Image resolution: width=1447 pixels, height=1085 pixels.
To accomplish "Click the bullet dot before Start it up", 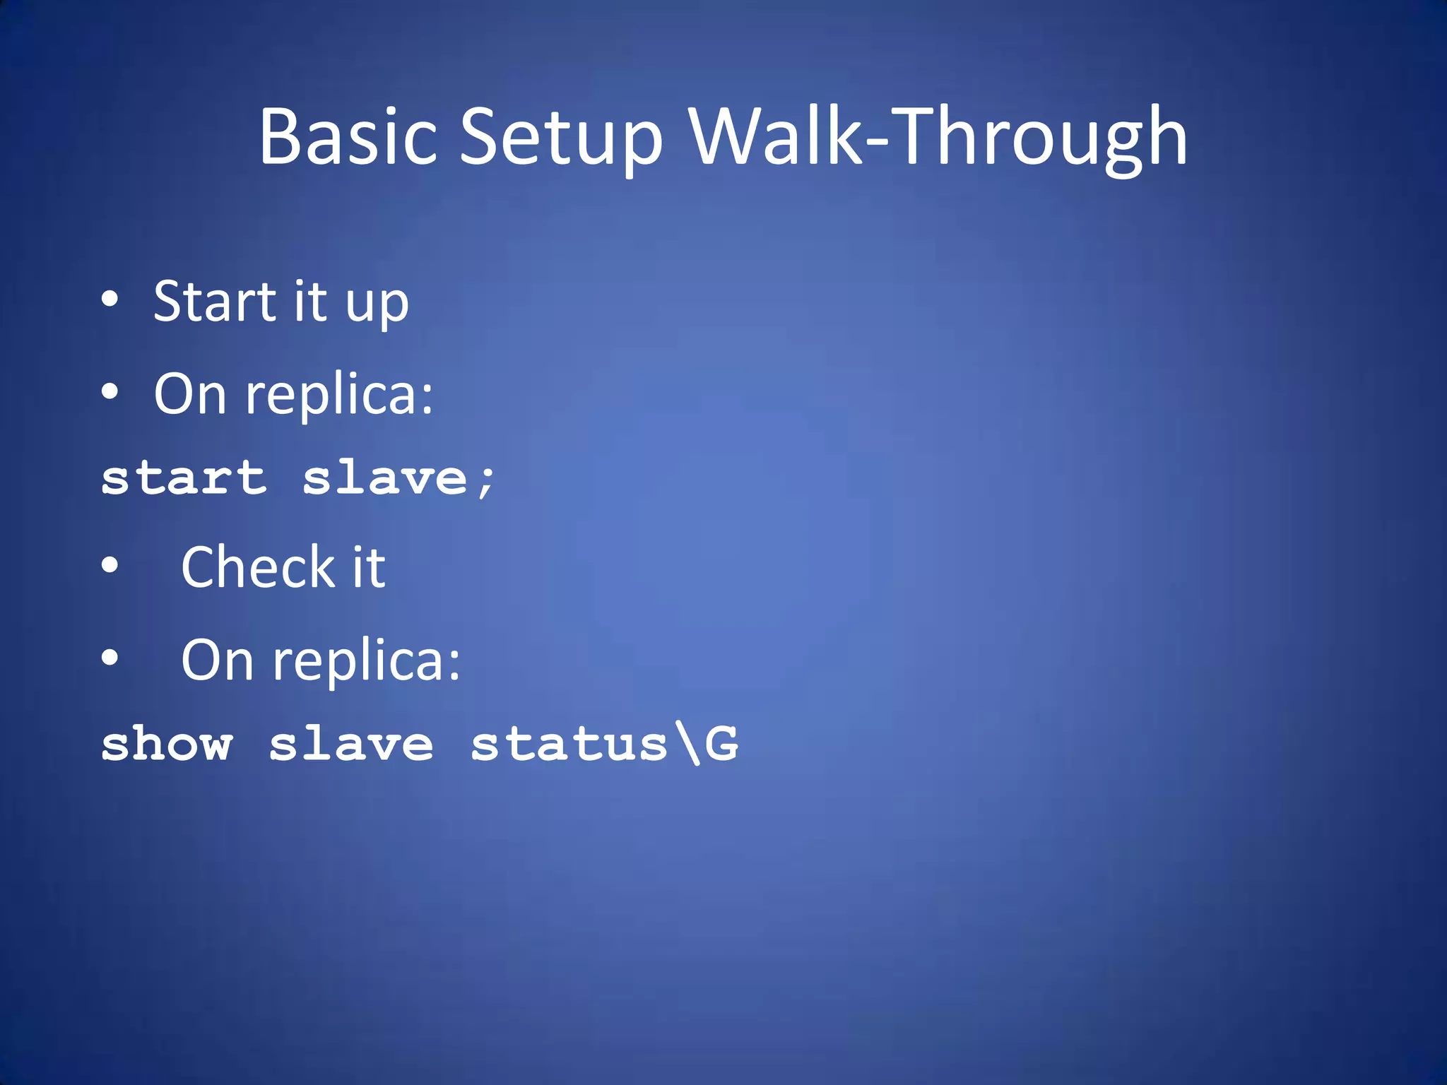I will coord(110,300).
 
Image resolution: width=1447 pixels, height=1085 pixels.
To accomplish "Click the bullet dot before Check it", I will coord(110,565).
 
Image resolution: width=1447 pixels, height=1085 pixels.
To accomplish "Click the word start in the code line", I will coord(184,478).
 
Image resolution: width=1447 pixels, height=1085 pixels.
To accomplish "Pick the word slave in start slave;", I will coord(385,478).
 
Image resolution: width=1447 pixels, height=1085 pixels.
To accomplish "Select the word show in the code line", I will coord(167,744).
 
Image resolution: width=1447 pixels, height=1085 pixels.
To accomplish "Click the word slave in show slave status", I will coord(351,744).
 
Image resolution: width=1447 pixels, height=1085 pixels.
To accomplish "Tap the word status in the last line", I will coord(569,744).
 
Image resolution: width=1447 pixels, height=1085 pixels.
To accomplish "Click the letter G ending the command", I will coord(721,744).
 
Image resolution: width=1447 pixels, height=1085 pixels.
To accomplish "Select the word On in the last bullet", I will coord(217,660).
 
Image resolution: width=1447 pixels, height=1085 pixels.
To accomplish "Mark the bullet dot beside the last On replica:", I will coord(110,658).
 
